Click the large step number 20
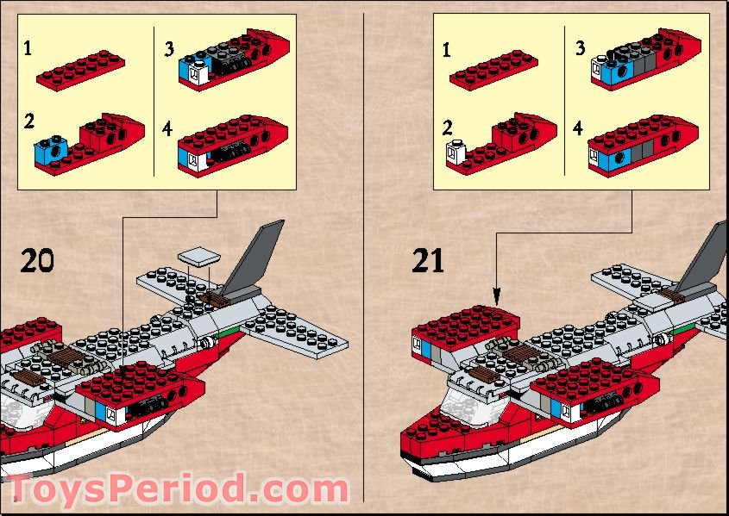[x=36, y=260]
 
